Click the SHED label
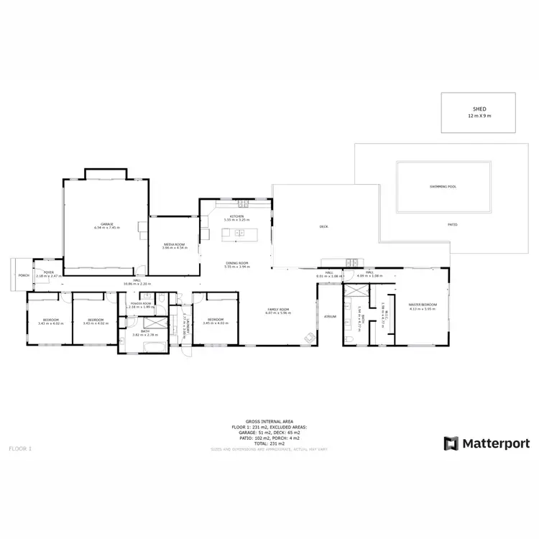tap(478, 109)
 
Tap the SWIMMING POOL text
tap(443, 186)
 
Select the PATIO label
tap(453, 224)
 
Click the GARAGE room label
tap(106, 224)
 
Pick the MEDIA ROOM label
tap(175, 244)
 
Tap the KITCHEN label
tap(237, 216)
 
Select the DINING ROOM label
tap(237, 263)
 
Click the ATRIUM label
tap(330, 316)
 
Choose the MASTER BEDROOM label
tap(423, 305)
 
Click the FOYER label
tap(49, 272)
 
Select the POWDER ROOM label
tap(141, 303)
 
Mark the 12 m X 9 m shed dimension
tap(478, 116)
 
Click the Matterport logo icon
tap(451, 443)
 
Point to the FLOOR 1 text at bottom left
tap(21, 448)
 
